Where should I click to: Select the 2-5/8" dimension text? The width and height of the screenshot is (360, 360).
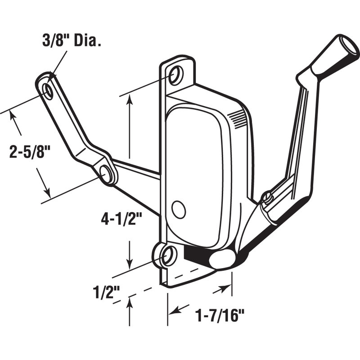click(30, 151)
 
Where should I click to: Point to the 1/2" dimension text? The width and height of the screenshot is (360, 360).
click(106, 292)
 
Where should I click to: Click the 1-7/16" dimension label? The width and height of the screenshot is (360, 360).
click(220, 315)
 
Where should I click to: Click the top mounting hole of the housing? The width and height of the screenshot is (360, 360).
click(176, 75)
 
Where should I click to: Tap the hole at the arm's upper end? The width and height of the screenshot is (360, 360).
click(48, 91)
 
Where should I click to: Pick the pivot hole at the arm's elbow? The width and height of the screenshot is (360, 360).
click(106, 174)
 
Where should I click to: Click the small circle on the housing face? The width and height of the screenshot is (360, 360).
click(179, 209)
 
